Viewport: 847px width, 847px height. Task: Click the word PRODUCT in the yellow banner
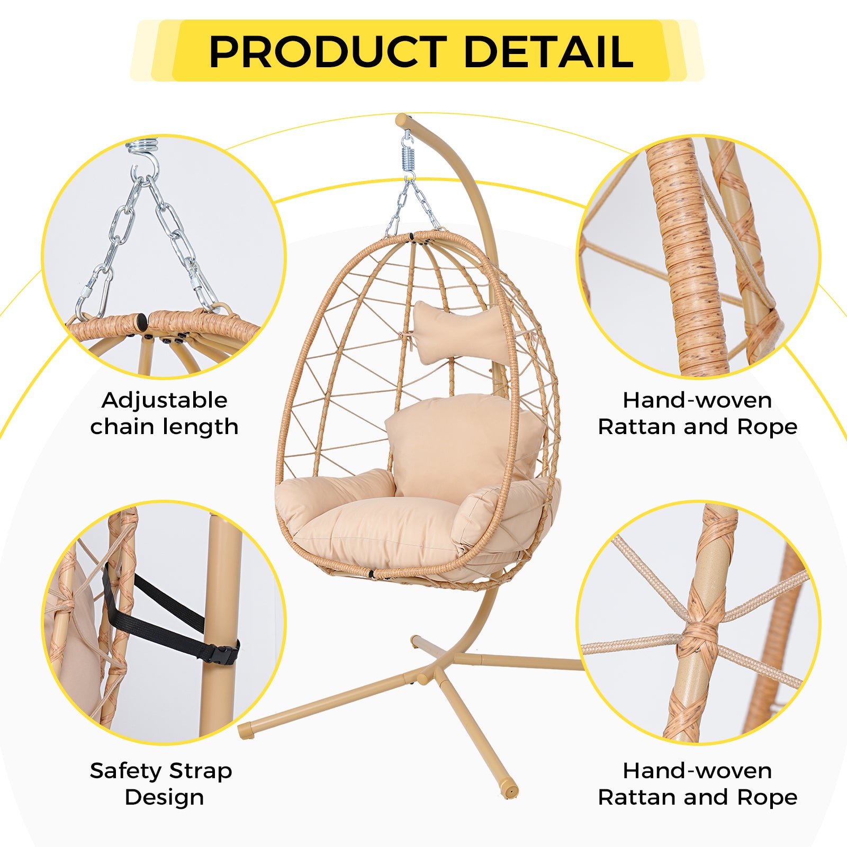329,51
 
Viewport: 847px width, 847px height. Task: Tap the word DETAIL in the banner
549,51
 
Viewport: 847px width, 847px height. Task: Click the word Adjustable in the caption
165,401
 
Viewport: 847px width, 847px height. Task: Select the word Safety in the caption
125,771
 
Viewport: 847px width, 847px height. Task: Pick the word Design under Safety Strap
165,798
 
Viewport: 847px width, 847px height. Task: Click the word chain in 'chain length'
126,427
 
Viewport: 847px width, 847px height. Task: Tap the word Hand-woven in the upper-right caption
697,400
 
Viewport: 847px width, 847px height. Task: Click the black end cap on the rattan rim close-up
141,321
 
